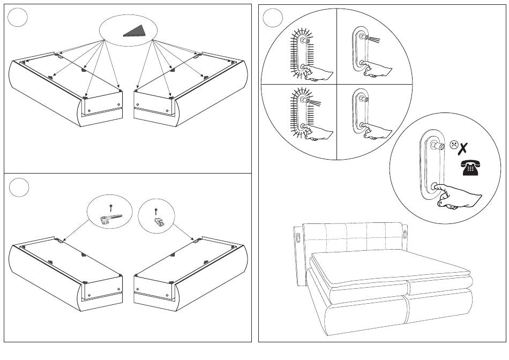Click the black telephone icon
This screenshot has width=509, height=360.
click(469, 168)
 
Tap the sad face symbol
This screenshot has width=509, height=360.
click(454, 144)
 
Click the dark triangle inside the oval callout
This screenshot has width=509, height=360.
click(134, 31)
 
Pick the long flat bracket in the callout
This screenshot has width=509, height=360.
click(111, 217)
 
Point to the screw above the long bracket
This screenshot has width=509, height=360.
click(110, 206)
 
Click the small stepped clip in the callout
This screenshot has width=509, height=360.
click(159, 221)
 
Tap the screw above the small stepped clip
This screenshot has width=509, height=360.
click(156, 210)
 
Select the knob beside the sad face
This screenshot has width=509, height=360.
click(439, 146)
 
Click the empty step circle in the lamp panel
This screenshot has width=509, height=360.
click(273, 18)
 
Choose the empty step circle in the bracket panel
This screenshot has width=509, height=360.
click(19, 187)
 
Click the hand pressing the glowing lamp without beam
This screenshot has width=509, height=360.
click(318, 72)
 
